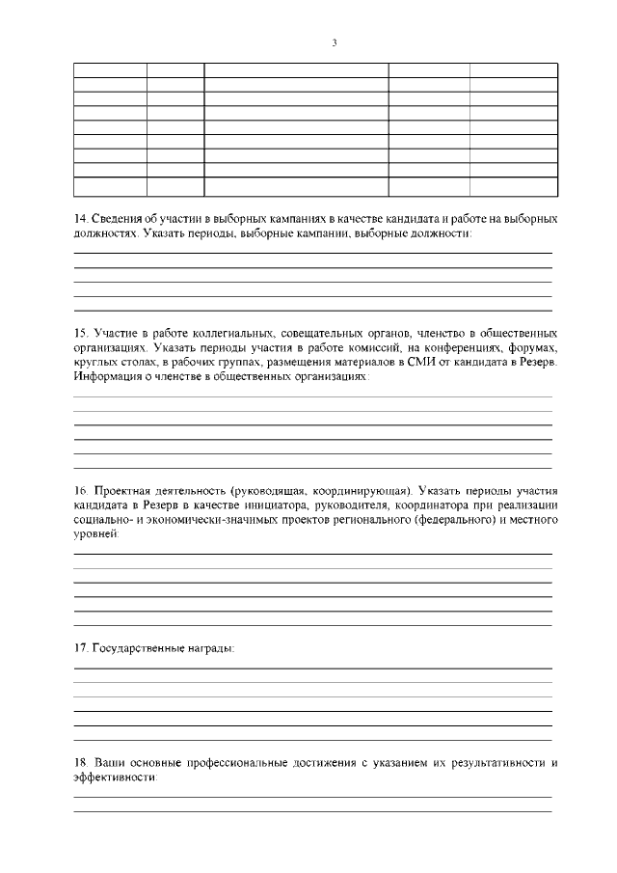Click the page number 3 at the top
pyautogui.click(x=334, y=42)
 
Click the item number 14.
pyautogui.click(x=80, y=220)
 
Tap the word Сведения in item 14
pyautogui.click(x=116, y=220)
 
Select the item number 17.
pyautogui.click(x=80, y=647)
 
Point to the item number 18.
pyautogui.click(x=80, y=763)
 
